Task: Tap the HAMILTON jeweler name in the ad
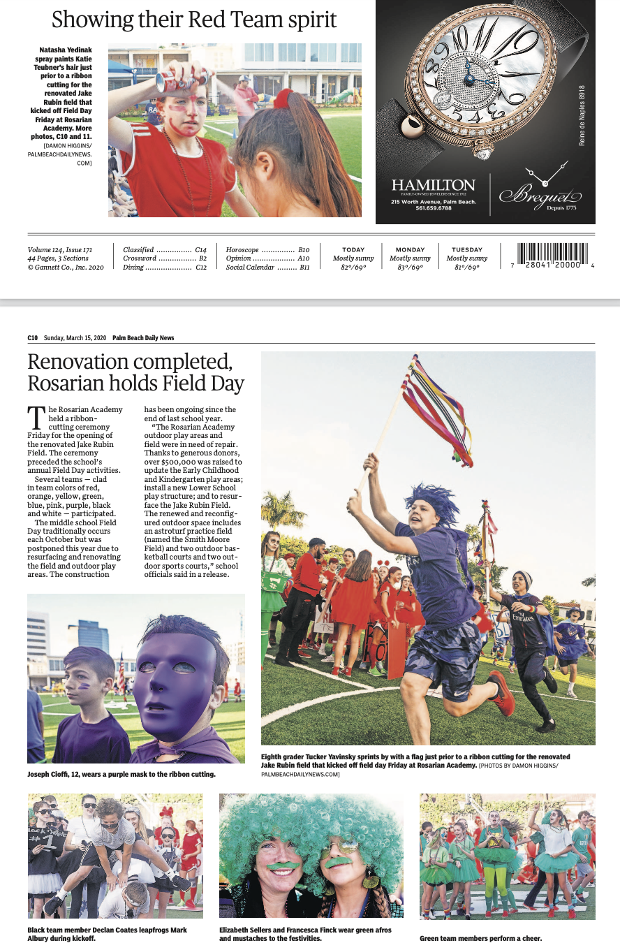[x=433, y=185]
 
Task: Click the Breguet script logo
[x=536, y=195]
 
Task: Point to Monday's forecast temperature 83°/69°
[x=411, y=268]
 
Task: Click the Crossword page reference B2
[x=202, y=258]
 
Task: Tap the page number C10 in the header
[x=33, y=338]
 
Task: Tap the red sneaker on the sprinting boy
[x=501, y=692]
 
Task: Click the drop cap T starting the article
[x=36, y=418]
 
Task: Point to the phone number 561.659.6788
[x=433, y=208]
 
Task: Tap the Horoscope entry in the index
[x=242, y=249]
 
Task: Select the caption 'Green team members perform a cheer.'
[x=480, y=938]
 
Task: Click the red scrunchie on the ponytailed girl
[x=283, y=98]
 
